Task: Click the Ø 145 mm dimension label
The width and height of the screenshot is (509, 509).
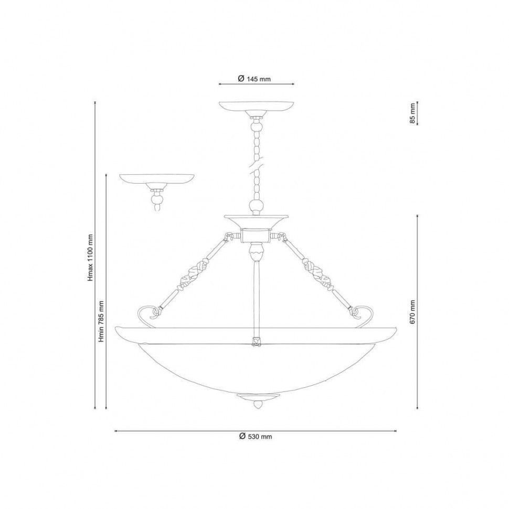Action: click(x=254, y=79)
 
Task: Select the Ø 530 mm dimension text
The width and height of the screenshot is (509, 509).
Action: click(x=256, y=436)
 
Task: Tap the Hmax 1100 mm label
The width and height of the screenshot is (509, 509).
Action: click(x=91, y=258)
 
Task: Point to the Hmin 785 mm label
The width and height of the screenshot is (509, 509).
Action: click(x=102, y=321)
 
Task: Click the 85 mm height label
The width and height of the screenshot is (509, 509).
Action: click(x=412, y=113)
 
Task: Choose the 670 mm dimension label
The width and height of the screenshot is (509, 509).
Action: click(x=412, y=312)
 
